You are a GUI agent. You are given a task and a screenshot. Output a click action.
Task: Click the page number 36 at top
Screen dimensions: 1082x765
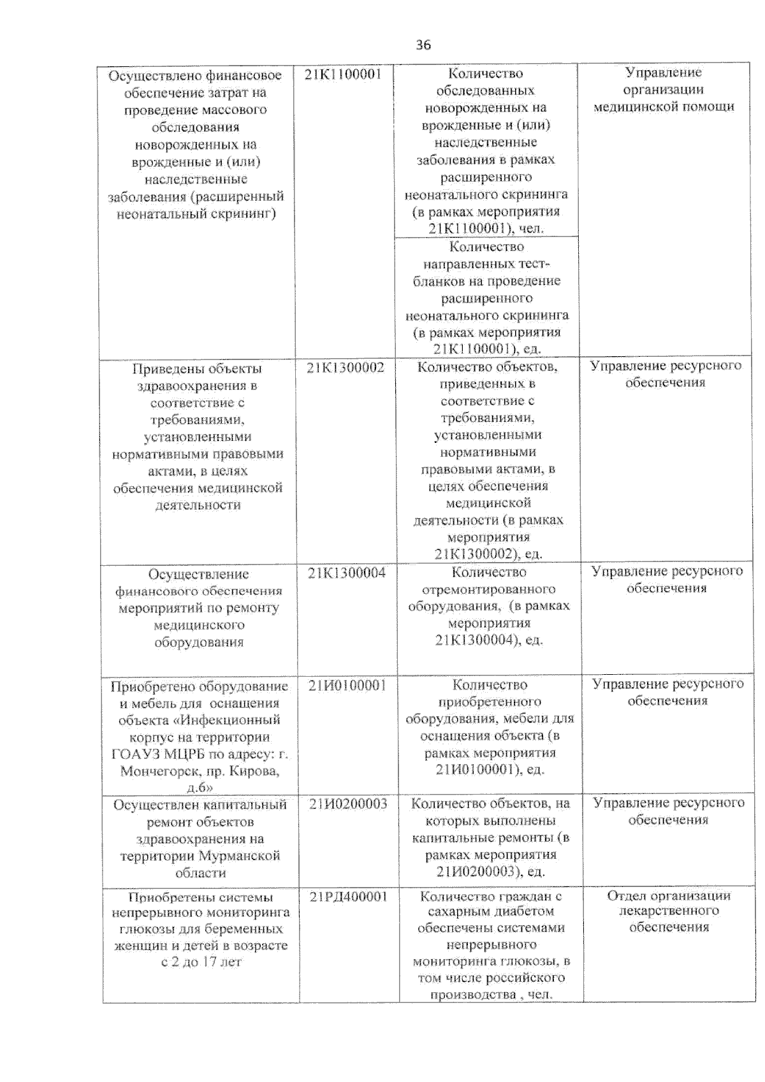tap(423, 45)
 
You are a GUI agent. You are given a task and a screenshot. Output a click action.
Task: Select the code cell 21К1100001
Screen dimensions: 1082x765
tap(343, 74)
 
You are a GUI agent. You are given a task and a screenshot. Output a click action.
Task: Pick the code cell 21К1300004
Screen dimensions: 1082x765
tap(346, 573)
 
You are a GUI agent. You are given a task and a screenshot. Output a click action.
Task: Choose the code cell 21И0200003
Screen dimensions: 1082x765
tap(348, 804)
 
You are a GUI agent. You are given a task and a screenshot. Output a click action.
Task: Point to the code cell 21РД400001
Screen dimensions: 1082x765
tap(348, 897)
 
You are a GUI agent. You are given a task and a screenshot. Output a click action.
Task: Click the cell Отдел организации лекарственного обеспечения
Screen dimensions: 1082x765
tap(668, 911)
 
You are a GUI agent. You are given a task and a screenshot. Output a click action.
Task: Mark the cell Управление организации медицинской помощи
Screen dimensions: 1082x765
tap(663, 89)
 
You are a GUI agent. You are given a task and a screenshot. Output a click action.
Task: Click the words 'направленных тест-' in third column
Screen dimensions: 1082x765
tap(486, 264)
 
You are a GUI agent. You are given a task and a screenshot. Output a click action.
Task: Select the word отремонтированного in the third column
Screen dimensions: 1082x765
tap(488, 589)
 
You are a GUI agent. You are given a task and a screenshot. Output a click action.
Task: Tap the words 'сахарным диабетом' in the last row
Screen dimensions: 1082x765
tap(491, 911)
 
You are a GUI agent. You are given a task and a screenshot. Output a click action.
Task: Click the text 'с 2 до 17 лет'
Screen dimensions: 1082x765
tap(201, 962)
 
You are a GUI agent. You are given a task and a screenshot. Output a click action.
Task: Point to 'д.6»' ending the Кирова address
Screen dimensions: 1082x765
tap(200, 788)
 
